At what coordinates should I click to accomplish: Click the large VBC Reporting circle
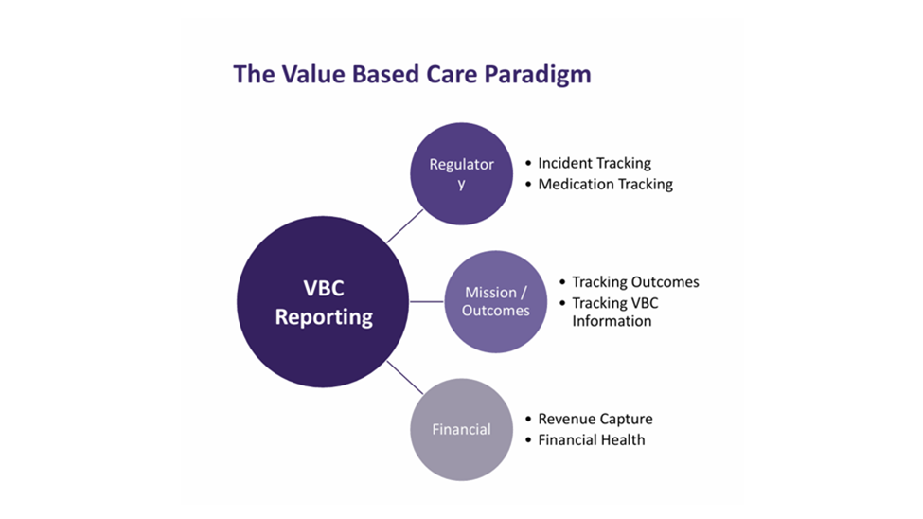click(323, 301)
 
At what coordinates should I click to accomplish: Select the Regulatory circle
click(462, 173)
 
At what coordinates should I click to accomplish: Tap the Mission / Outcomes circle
click(496, 301)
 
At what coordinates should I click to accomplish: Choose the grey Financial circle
click(462, 429)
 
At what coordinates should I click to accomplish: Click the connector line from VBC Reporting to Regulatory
click(405, 226)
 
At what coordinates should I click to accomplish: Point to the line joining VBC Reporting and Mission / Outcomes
click(427, 301)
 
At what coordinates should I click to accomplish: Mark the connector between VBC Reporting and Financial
click(405, 377)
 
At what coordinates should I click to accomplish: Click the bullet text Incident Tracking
click(595, 163)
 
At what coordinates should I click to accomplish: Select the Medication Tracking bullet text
click(605, 185)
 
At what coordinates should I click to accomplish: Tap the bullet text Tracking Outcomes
click(636, 282)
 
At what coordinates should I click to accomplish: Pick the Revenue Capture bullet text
click(595, 419)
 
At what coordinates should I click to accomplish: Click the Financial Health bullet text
click(592, 440)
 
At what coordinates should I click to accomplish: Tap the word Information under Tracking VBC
click(612, 321)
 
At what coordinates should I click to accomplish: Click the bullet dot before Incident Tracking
click(528, 163)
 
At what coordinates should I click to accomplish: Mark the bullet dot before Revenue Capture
click(528, 419)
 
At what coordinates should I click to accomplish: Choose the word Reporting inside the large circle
click(324, 317)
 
